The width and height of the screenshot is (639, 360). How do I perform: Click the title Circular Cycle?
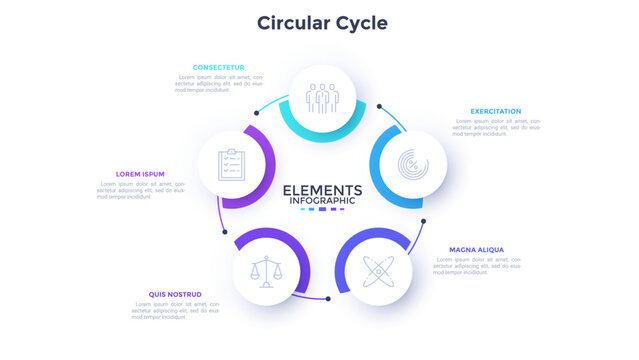click(x=321, y=22)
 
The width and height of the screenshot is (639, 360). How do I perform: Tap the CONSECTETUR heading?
click(x=219, y=68)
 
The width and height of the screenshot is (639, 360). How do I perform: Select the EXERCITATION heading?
click(x=495, y=111)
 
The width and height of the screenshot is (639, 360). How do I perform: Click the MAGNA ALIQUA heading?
click(x=476, y=249)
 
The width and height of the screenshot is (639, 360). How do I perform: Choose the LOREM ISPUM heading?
click(x=140, y=174)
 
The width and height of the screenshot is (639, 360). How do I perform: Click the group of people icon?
click(x=323, y=98)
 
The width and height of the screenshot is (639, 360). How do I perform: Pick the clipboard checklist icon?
click(x=231, y=163)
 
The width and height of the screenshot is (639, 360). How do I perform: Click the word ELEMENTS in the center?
click(x=322, y=190)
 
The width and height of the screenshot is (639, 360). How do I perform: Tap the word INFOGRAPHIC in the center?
click(x=322, y=201)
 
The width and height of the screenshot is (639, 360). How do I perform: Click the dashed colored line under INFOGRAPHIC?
click(x=322, y=210)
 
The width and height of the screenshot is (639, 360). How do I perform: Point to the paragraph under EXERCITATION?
click(x=496, y=127)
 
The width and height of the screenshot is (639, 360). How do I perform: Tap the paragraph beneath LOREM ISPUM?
click(x=141, y=190)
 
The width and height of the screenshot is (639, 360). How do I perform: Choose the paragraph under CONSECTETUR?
click(x=219, y=83)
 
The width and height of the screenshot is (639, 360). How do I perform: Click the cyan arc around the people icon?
click(x=323, y=135)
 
